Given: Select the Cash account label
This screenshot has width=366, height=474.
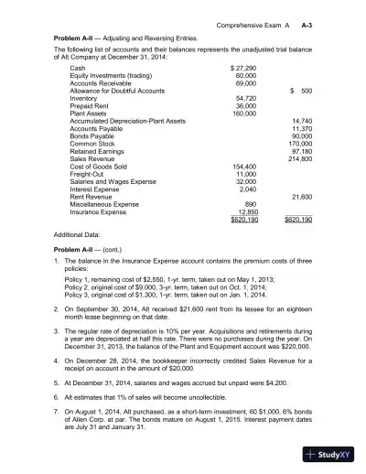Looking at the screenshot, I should (79, 69).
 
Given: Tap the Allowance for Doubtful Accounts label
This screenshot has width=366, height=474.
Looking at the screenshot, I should (117, 91).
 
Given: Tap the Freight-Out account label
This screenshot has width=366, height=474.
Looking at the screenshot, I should (88, 173).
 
